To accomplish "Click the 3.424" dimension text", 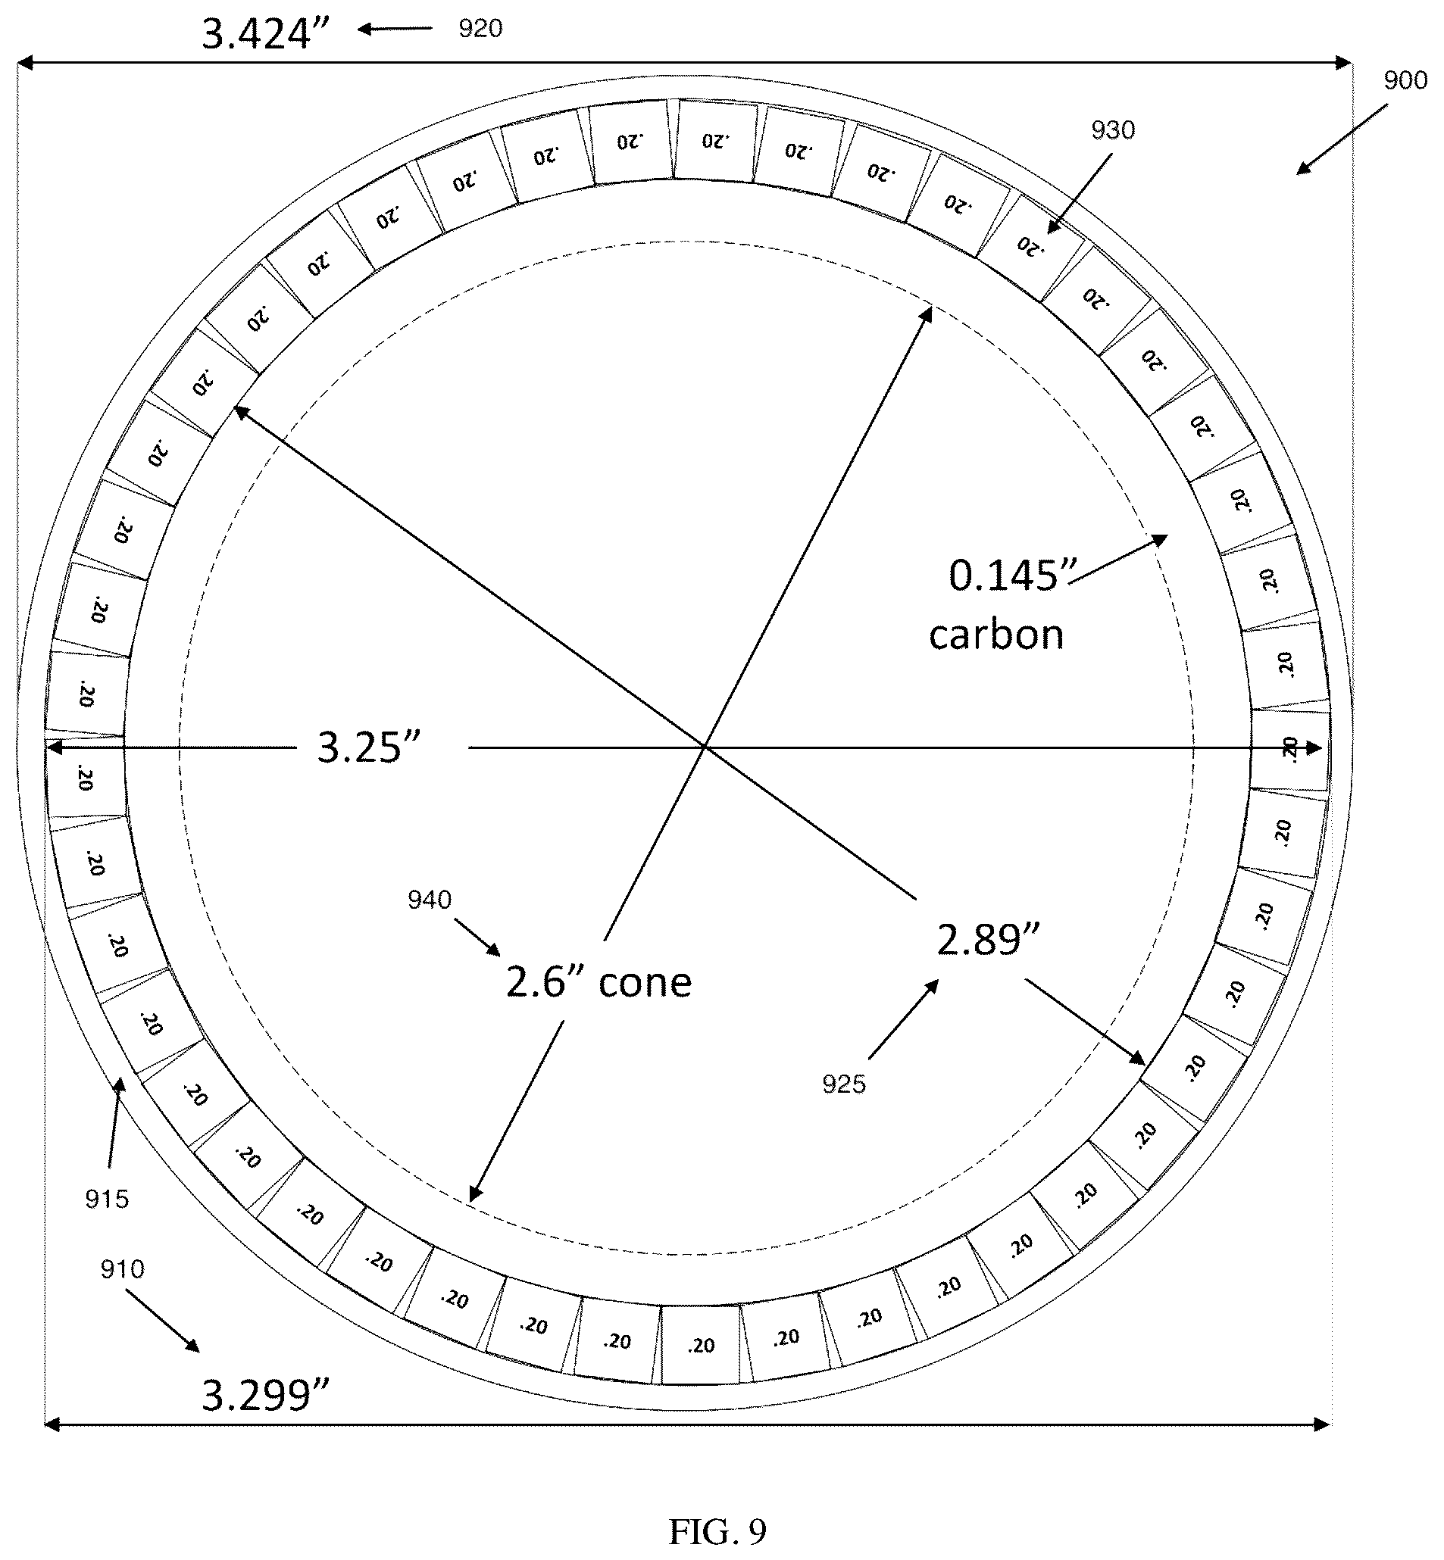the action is coord(267,34).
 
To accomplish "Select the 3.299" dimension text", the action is coord(267,1395).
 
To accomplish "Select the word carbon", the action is coord(996,635).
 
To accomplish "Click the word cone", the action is coord(645,982).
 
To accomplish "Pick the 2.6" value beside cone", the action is coord(546,981).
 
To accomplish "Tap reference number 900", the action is coord(1405,80).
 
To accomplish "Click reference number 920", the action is coord(480,29).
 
